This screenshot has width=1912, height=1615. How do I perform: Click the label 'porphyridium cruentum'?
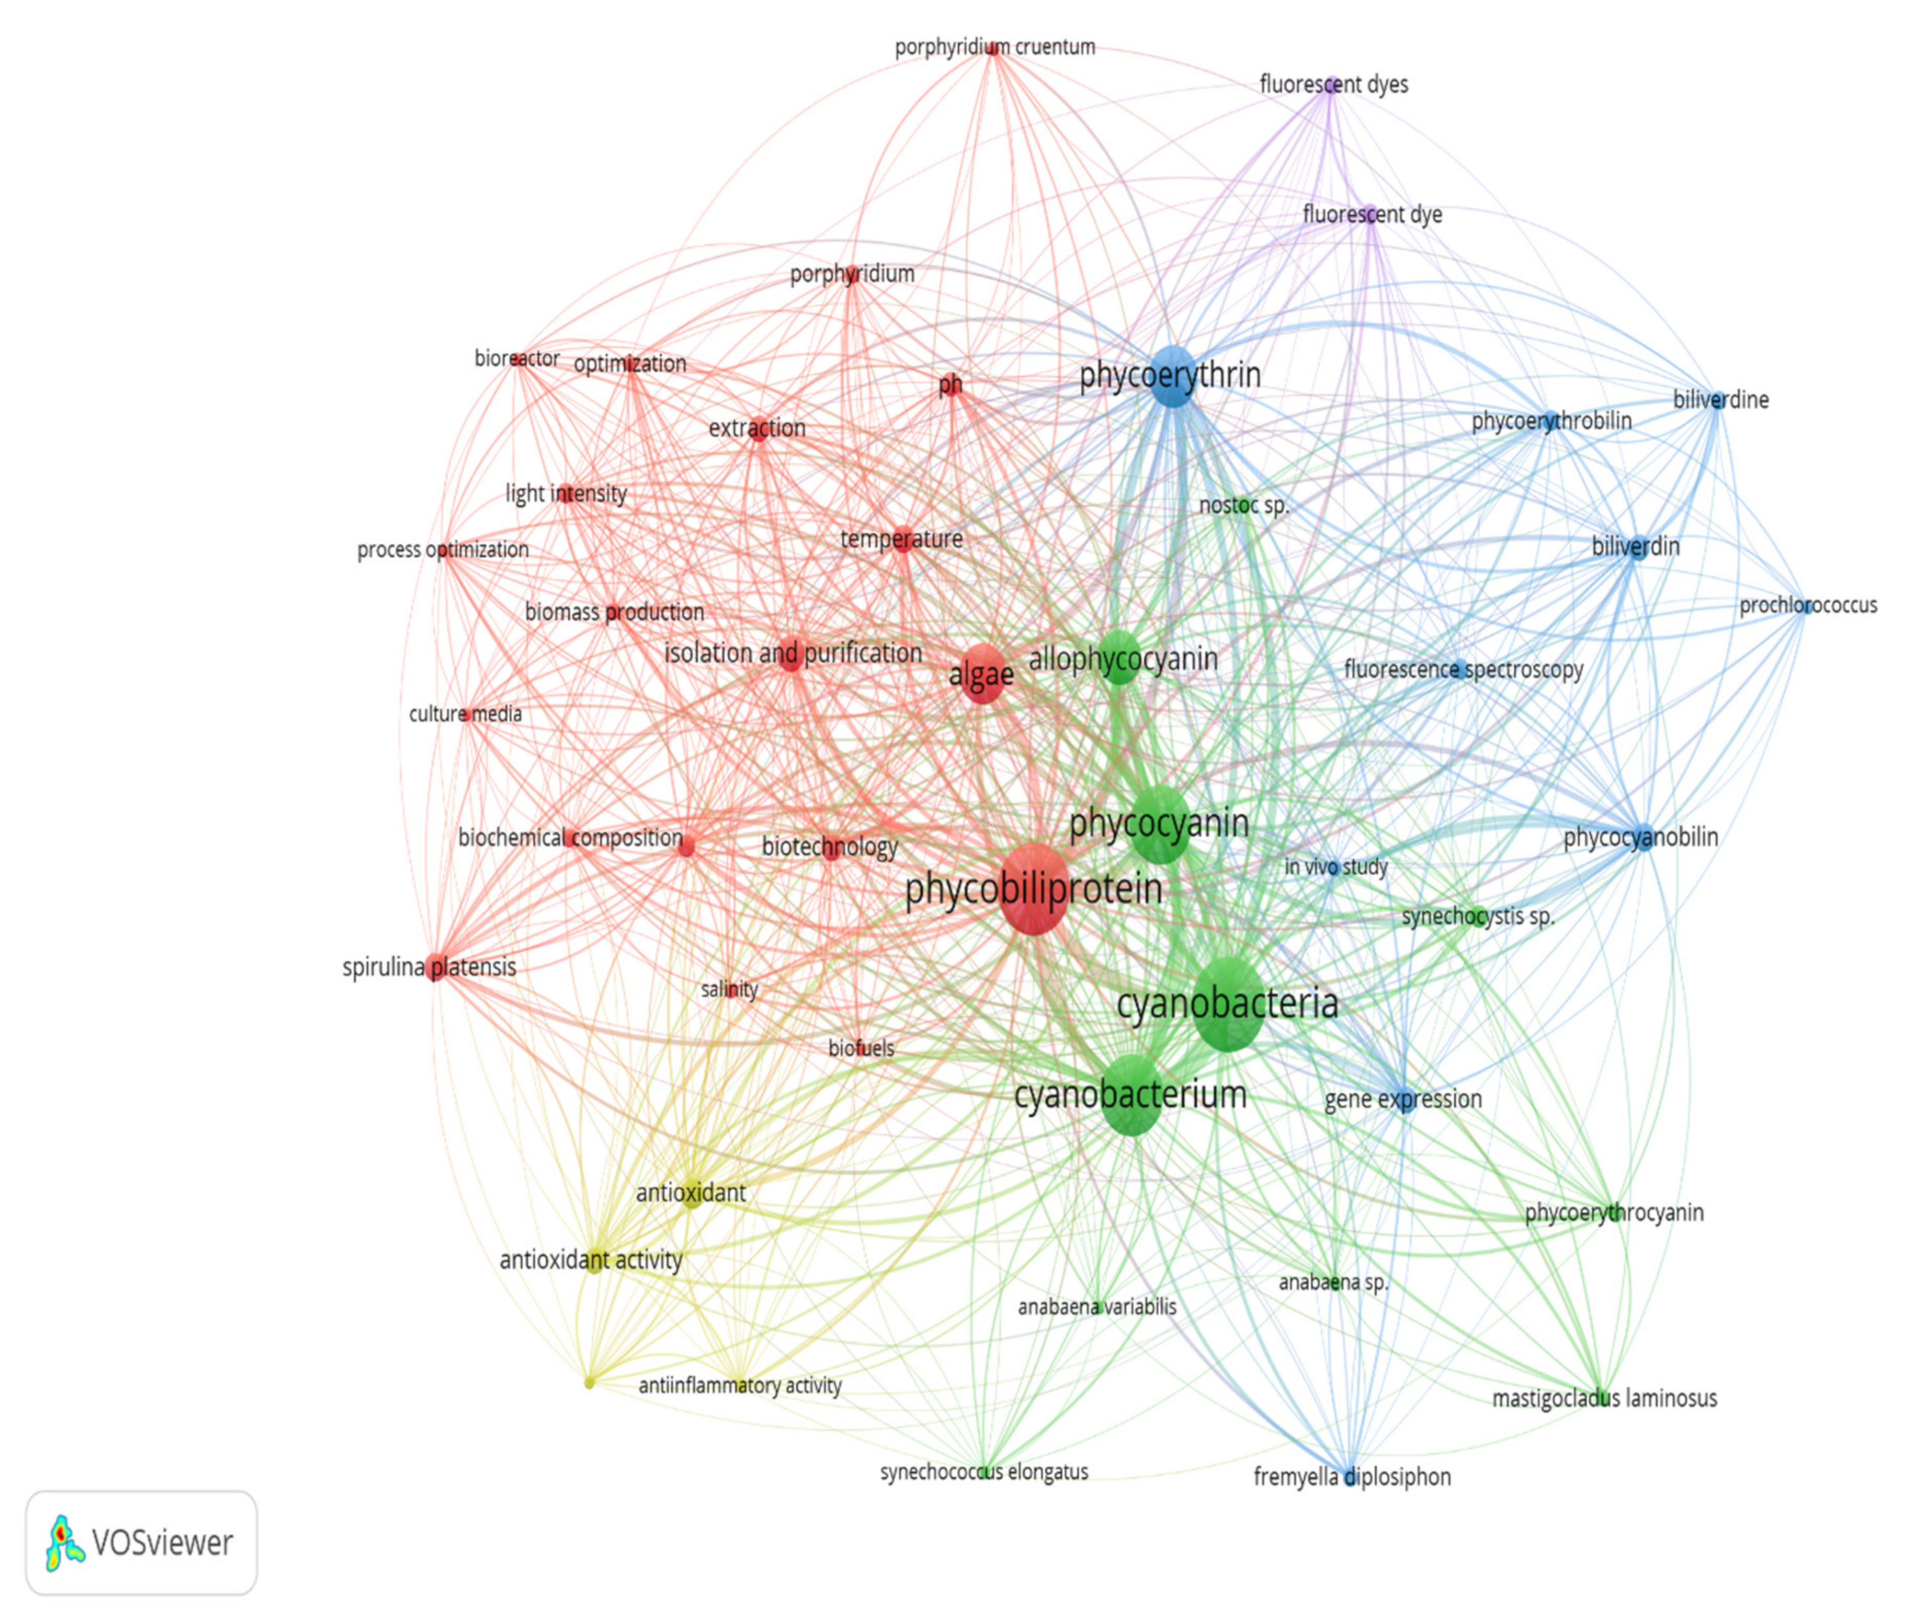point(995,47)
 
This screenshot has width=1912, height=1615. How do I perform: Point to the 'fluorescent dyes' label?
point(1334,84)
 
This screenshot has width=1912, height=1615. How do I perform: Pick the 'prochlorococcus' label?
point(1808,605)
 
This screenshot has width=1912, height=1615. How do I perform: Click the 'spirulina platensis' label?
point(429,967)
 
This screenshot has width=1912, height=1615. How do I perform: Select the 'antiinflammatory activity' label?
point(739,1385)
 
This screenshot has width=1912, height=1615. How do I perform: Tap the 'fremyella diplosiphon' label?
point(1352,1476)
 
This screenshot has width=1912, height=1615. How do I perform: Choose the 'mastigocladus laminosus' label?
point(1604,1398)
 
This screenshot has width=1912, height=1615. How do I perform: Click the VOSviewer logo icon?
point(64,1543)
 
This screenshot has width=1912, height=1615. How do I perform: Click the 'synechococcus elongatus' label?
point(984,1471)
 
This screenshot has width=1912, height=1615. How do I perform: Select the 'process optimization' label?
point(443,550)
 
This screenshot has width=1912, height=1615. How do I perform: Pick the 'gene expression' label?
point(1403,1099)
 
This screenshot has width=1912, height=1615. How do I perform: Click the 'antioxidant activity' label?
point(591,1261)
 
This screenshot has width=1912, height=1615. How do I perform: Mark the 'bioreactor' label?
point(517,358)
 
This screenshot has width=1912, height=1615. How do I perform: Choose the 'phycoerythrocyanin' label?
point(1613,1212)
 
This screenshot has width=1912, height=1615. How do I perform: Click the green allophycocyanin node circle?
point(1119,656)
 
